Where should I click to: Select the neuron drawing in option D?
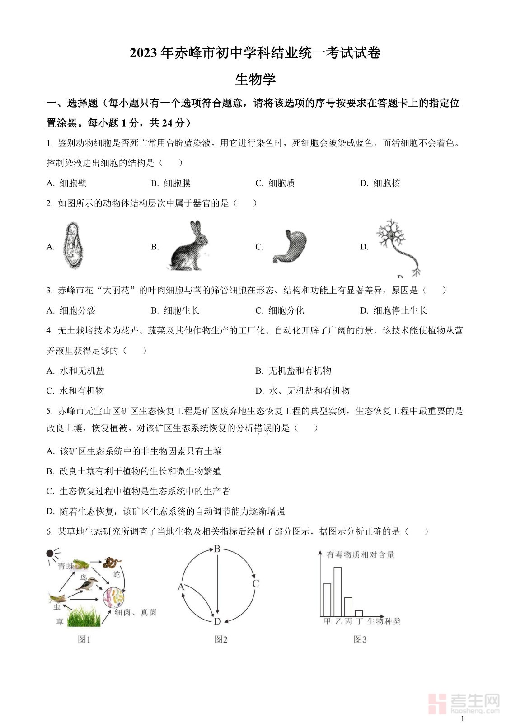tap(397, 246)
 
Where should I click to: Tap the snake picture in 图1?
tap(112, 563)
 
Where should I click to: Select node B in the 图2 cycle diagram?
tap(217, 549)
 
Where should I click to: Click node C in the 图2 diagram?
tap(255, 583)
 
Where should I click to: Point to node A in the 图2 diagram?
tap(181, 587)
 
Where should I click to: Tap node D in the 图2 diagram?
tap(217, 622)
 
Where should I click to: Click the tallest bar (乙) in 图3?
tap(338, 591)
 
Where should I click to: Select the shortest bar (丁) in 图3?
tap(359, 613)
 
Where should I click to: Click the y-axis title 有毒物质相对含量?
tap(360, 554)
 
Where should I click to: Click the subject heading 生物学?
tap(255, 80)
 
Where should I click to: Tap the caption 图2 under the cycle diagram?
tap(221, 639)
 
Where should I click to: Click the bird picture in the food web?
tap(87, 584)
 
